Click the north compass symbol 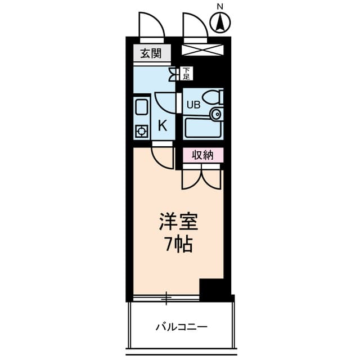tap(221, 22)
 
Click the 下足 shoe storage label tap(186, 73)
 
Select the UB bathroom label tap(193, 104)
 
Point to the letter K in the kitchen tap(162, 125)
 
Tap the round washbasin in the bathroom tap(215, 115)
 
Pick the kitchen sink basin tap(141, 107)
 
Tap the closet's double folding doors tap(201, 179)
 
